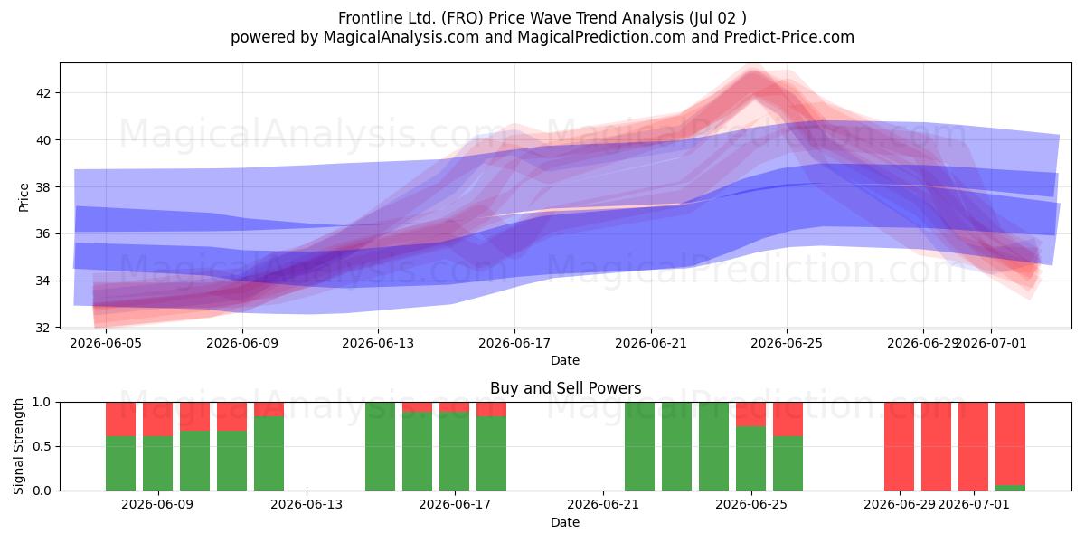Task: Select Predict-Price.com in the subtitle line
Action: point(789,37)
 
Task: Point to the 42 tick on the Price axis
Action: point(43,93)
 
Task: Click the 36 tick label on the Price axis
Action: point(43,234)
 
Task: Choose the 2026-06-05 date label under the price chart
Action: point(106,344)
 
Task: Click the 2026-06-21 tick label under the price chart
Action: point(651,344)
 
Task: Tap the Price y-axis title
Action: point(24,198)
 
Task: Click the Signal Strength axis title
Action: point(18,446)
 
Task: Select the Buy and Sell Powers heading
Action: point(565,388)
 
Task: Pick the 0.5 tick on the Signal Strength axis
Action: point(42,446)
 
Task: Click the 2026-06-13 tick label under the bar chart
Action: point(307,505)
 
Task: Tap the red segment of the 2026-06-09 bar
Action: point(158,419)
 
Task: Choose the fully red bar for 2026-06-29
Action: point(899,446)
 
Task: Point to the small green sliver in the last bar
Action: point(1011,488)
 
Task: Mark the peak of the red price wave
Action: point(752,71)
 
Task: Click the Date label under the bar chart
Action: point(565,522)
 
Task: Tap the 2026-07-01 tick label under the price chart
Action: point(991,344)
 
